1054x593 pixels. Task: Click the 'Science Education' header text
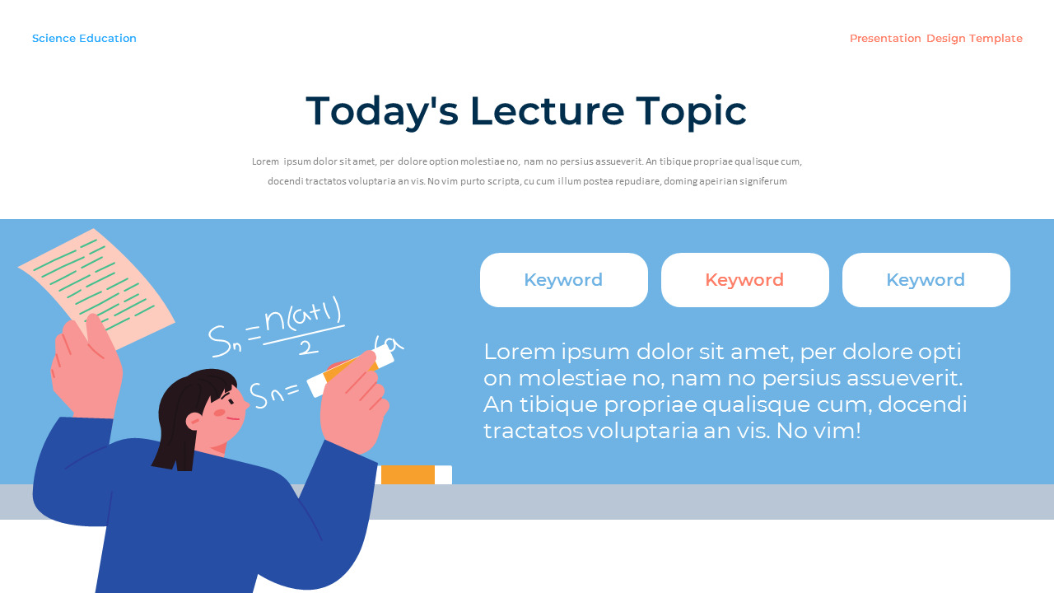pos(84,39)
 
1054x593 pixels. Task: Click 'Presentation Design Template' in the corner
pos(935,39)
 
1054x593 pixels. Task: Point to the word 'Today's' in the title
pos(381,111)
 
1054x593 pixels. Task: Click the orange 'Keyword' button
pos(744,280)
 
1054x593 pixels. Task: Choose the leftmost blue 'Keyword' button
pos(563,280)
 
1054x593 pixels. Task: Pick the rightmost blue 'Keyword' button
pos(926,280)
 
